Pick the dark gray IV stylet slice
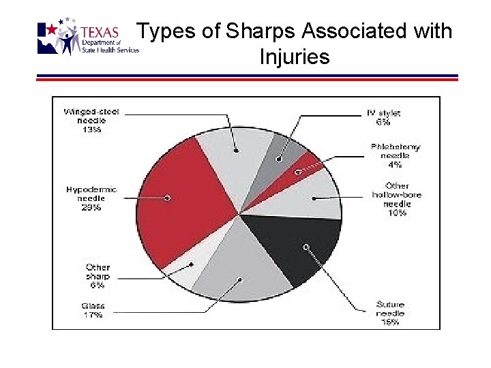283,153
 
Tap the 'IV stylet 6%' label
383,118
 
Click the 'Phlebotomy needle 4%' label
396,155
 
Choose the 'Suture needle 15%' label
391,313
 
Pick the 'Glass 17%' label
93,311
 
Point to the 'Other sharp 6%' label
98,277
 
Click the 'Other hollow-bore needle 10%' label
397,199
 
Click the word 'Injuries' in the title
295,57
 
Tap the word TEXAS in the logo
100,33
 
